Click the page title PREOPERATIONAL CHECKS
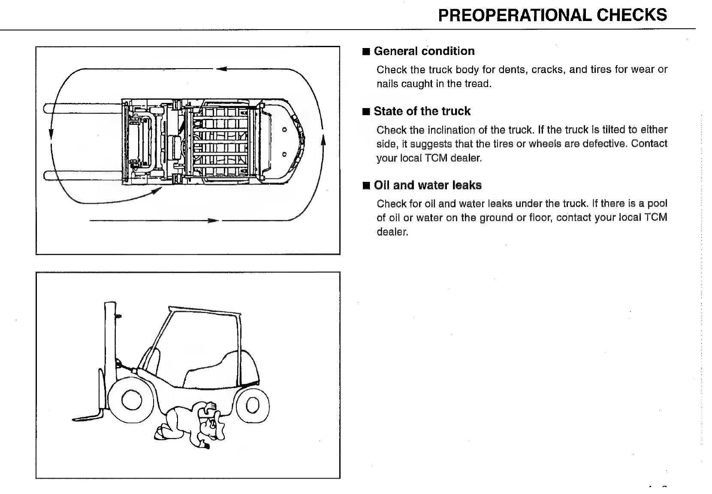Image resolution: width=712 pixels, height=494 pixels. [x=552, y=15]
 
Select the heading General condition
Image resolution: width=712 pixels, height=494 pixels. [x=424, y=51]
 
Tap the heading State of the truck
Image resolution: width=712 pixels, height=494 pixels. [x=422, y=111]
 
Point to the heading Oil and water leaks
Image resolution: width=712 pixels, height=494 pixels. [x=428, y=185]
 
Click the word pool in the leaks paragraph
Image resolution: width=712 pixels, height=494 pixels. [x=657, y=203]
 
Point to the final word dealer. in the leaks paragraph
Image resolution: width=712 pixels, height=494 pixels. [x=392, y=232]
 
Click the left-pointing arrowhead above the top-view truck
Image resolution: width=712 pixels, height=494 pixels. [x=221, y=69]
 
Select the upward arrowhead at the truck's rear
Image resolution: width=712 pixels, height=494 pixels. [x=323, y=140]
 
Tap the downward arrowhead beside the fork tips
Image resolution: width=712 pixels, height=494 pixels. [x=51, y=134]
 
